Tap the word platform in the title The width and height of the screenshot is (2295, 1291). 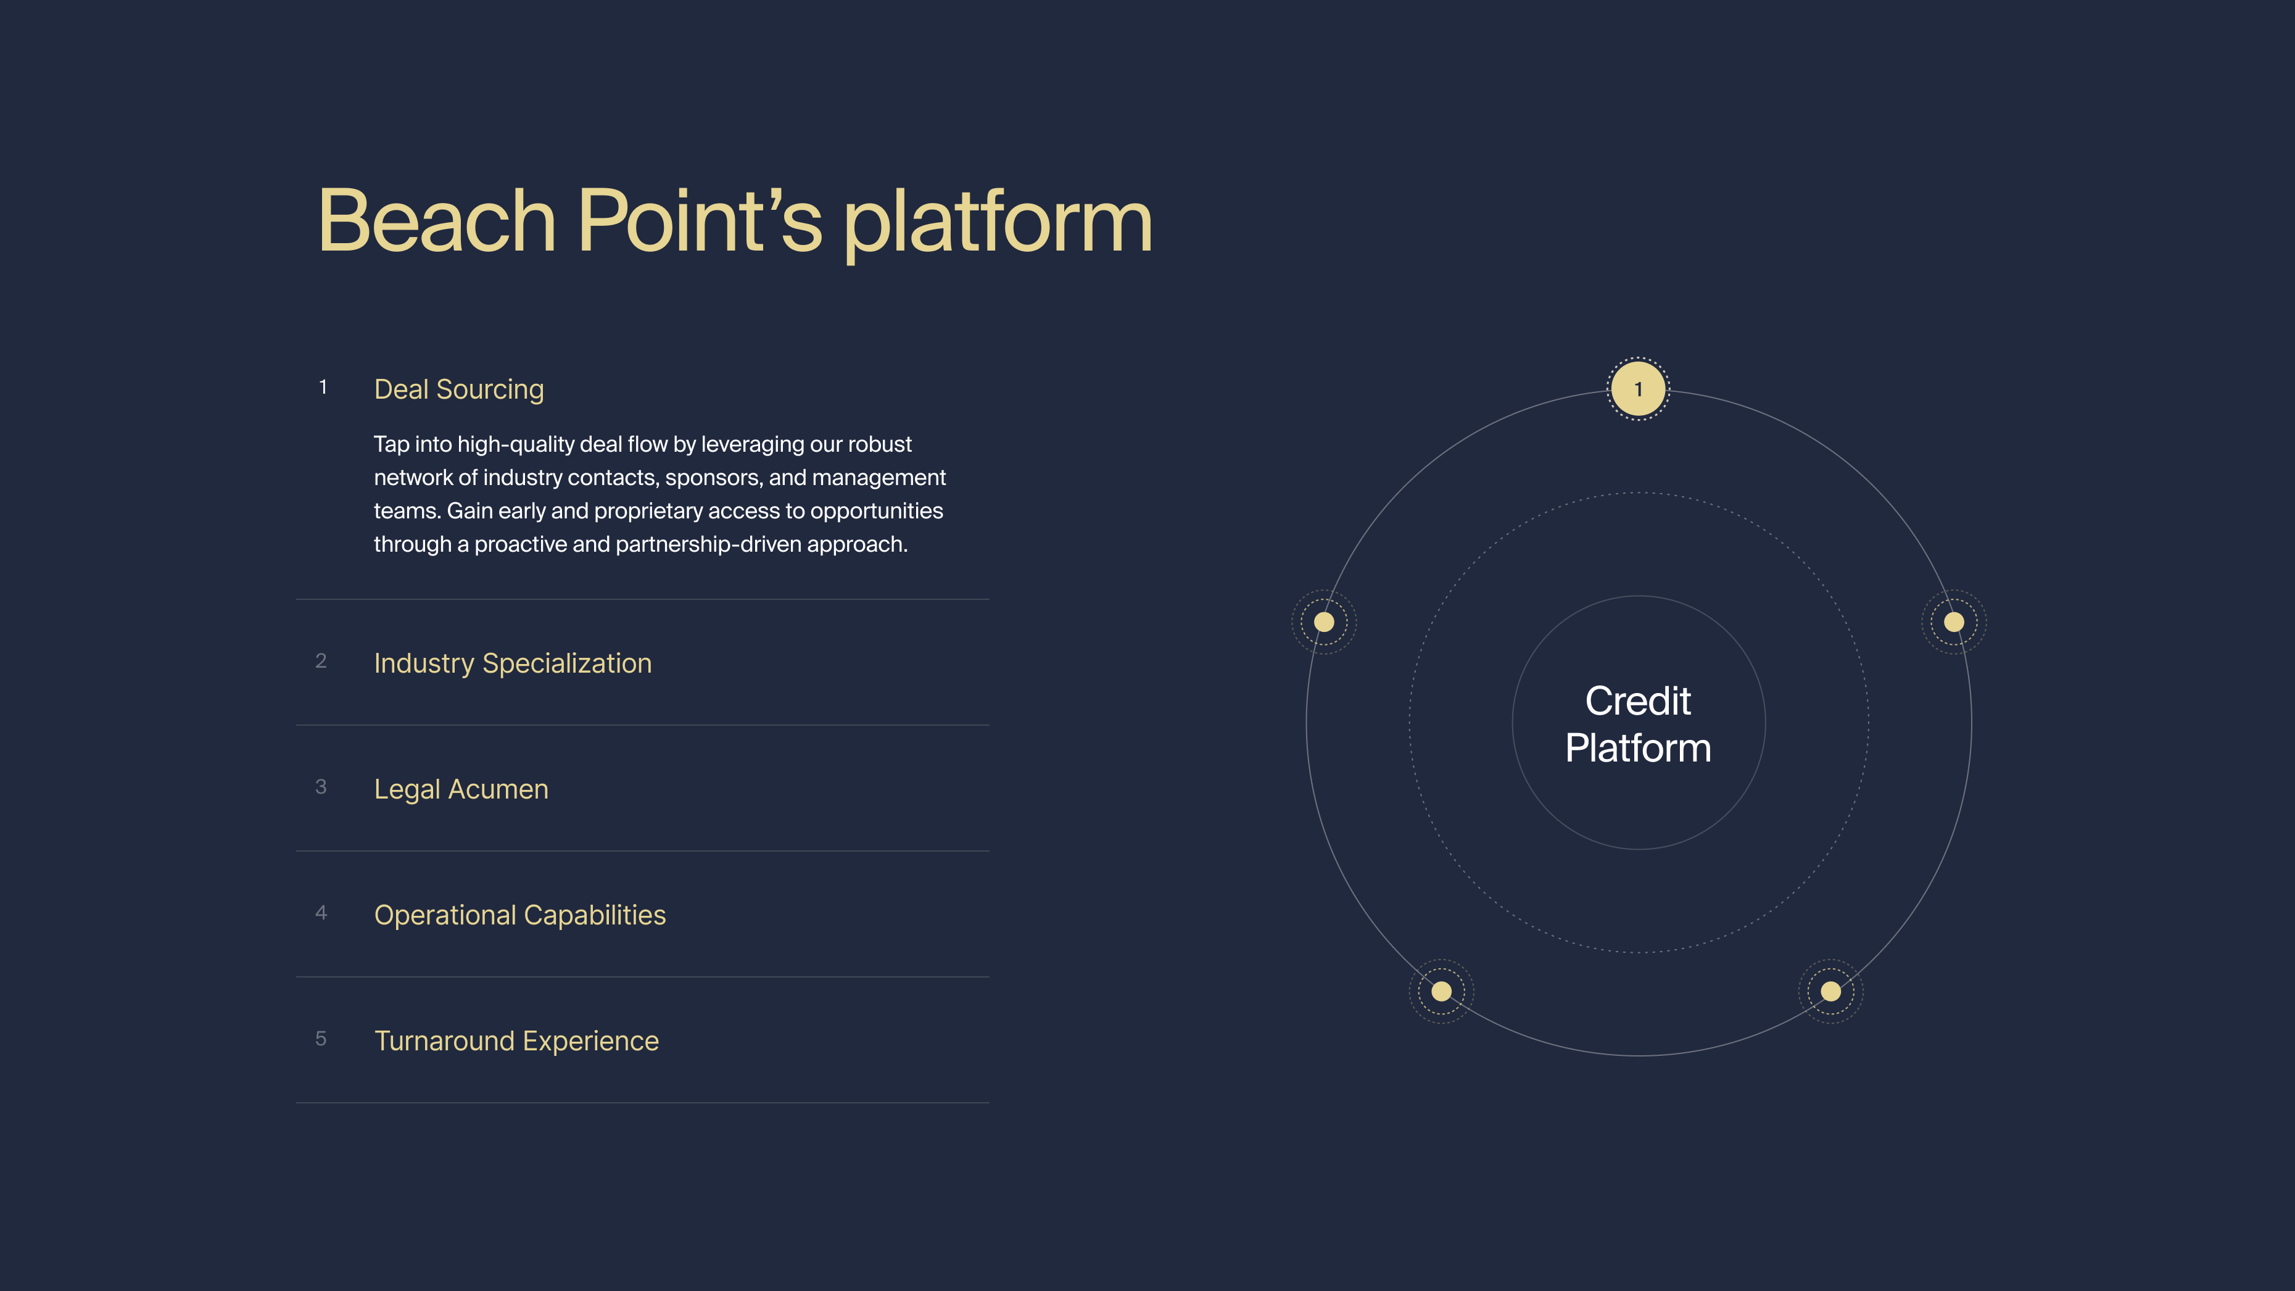pyautogui.click(x=997, y=223)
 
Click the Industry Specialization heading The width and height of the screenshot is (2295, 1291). pyautogui.click(x=512, y=664)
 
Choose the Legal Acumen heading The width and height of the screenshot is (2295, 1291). pyautogui.click(x=461, y=789)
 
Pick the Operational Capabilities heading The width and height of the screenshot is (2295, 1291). pyautogui.click(x=519, y=915)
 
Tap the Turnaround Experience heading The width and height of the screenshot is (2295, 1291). pyautogui.click(x=516, y=1040)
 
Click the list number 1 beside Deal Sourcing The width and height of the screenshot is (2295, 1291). pyautogui.click(x=323, y=388)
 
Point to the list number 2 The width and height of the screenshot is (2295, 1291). pyautogui.click(x=321, y=661)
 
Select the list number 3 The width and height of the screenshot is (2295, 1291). pyautogui.click(x=321, y=787)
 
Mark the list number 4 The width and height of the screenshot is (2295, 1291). pyautogui.click(x=321, y=912)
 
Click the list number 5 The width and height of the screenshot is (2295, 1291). pyautogui.click(x=321, y=1039)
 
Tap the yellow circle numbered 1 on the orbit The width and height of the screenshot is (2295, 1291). pyautogui.click(x=1637, y=389)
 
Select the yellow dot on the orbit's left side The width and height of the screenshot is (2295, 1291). pyautogui.click(x=1324, y=622)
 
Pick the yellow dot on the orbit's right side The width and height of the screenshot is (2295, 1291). pyautogui.click(x=1954, y=622)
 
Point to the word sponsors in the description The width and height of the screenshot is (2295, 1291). pyautogui.click(x=713, y=478)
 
